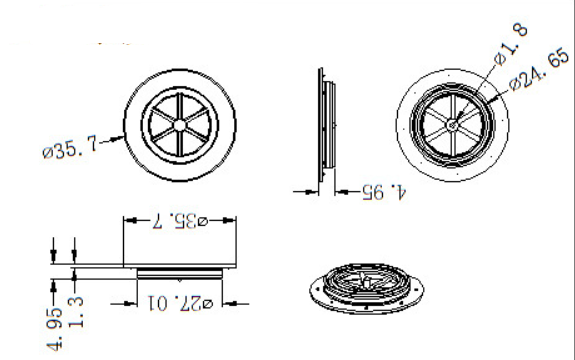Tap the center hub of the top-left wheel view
pyautogui.click(x=179, y=125)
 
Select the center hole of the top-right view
pyautogui.click(x=452, y=125)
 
